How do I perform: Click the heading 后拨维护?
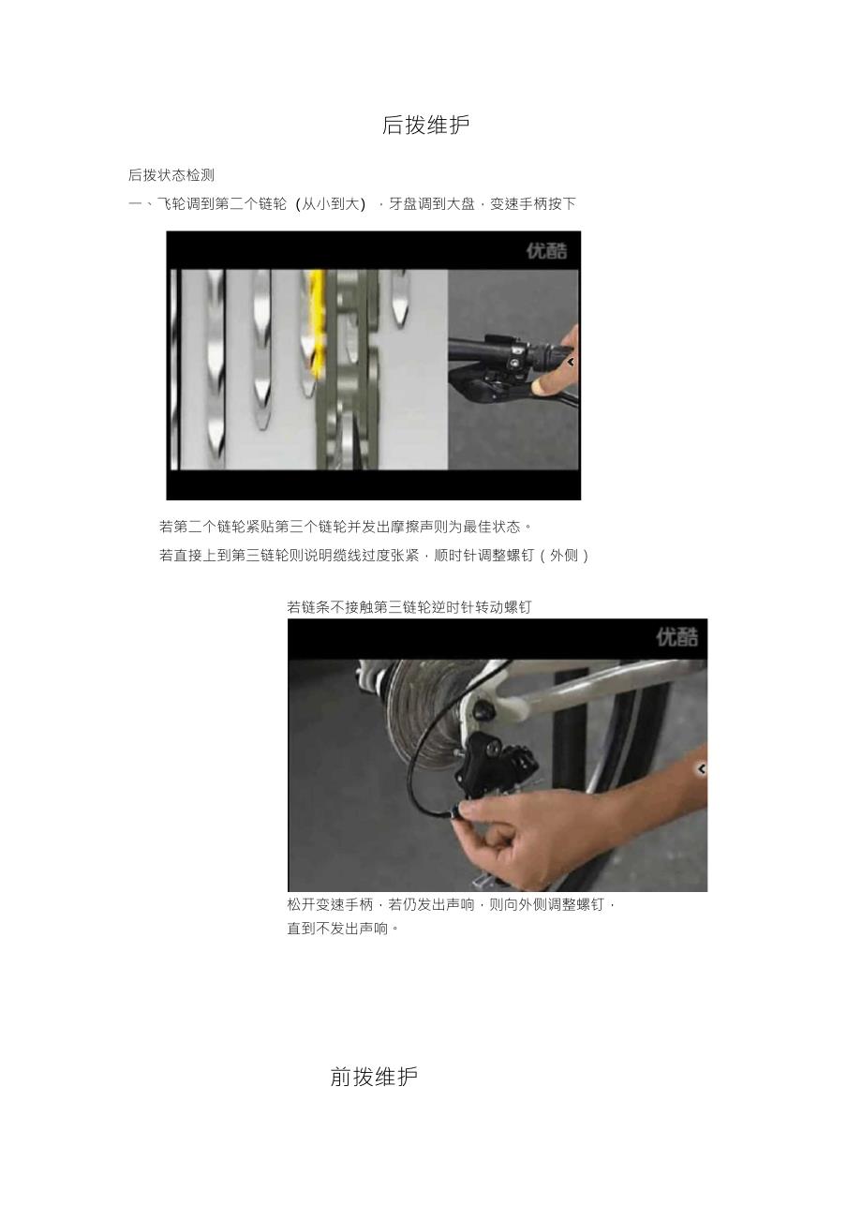(x=425, y=125)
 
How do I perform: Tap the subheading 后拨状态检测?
(x=171, y=175)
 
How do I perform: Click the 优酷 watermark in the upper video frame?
(x=546, y=251)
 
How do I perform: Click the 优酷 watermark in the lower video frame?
(x=676, y=637)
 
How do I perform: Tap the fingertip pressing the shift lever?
(x=544, y=388)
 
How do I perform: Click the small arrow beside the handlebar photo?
(x=572, y=362)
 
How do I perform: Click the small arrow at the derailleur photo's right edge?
(x=702, y=769)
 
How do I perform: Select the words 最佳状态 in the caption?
(x=491, y=527)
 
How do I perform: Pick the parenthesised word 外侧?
(x=564, y=556)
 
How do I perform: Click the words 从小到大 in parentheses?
(x=331, y=204)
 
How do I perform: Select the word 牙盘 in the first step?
(x=403, y=204)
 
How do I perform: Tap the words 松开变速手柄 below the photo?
(x=330, y=904)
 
